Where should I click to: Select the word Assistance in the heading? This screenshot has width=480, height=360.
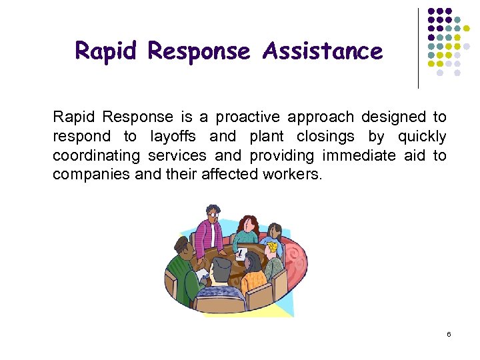point(323,51)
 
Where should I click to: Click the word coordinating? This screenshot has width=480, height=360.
point(96,156)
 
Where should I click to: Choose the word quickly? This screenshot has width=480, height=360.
point(421,137)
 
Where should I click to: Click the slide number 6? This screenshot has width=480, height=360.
point(449,333)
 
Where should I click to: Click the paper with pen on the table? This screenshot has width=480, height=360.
point(241,254)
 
